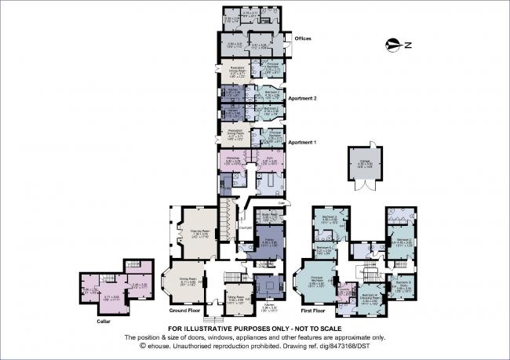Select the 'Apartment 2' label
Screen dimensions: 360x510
pos(303,99)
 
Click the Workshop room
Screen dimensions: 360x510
pos(233,162)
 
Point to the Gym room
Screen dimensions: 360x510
pos(268,162)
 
